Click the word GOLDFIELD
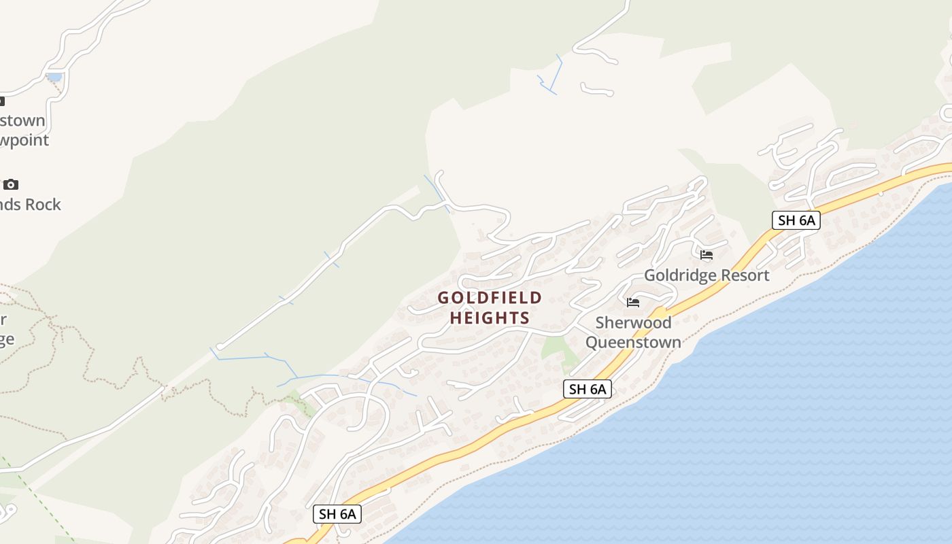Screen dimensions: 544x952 click(x=490, y=298)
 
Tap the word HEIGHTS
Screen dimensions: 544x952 click(x=490, y=318)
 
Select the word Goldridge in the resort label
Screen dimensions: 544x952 click(x=675, y=275)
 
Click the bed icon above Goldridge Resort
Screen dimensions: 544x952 click(x=707, y=255)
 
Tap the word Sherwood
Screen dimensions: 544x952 click(x=633, y=322)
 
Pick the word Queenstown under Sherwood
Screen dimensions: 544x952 click(x=633, y=341)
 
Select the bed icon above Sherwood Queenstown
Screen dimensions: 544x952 click(x=633, y=303)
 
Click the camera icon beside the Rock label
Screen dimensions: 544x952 click(x=10, y=184)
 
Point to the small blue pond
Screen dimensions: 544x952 click(x=54, y=77)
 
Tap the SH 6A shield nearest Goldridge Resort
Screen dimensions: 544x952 click(x=796, y=220)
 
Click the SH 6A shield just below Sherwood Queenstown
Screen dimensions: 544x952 click(x=588, y=389)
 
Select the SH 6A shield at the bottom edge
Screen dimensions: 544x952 click(x=337, y=514)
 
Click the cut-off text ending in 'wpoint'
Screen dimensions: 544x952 click(x=24, y=140)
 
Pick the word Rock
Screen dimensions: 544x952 click(x=44, y=204)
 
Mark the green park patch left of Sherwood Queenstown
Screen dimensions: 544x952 click(x=556, y=348)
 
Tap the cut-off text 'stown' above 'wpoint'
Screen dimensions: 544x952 click(x=22, y=121)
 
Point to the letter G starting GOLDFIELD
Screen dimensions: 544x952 click(x=443, y=298)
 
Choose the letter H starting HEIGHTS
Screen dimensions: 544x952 click(x=456, y=318)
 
